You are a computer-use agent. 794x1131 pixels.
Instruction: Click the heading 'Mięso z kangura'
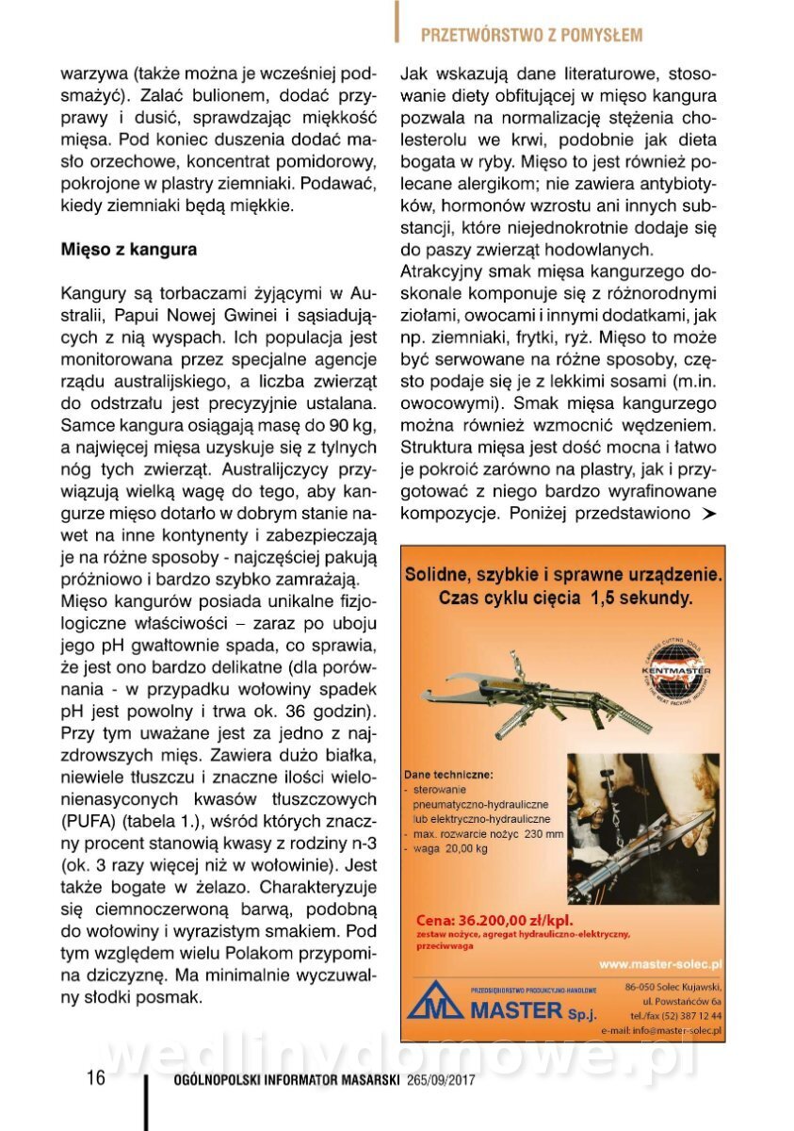[x=129, y=250]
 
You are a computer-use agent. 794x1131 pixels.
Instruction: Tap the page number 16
[x=96, y=1077]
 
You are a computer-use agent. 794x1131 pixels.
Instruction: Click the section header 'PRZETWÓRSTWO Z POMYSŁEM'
[x=531, y=36]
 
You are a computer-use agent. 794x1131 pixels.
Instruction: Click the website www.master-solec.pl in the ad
[x=660, y=964]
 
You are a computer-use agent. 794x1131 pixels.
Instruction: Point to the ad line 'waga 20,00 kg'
[x=451, y=848]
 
